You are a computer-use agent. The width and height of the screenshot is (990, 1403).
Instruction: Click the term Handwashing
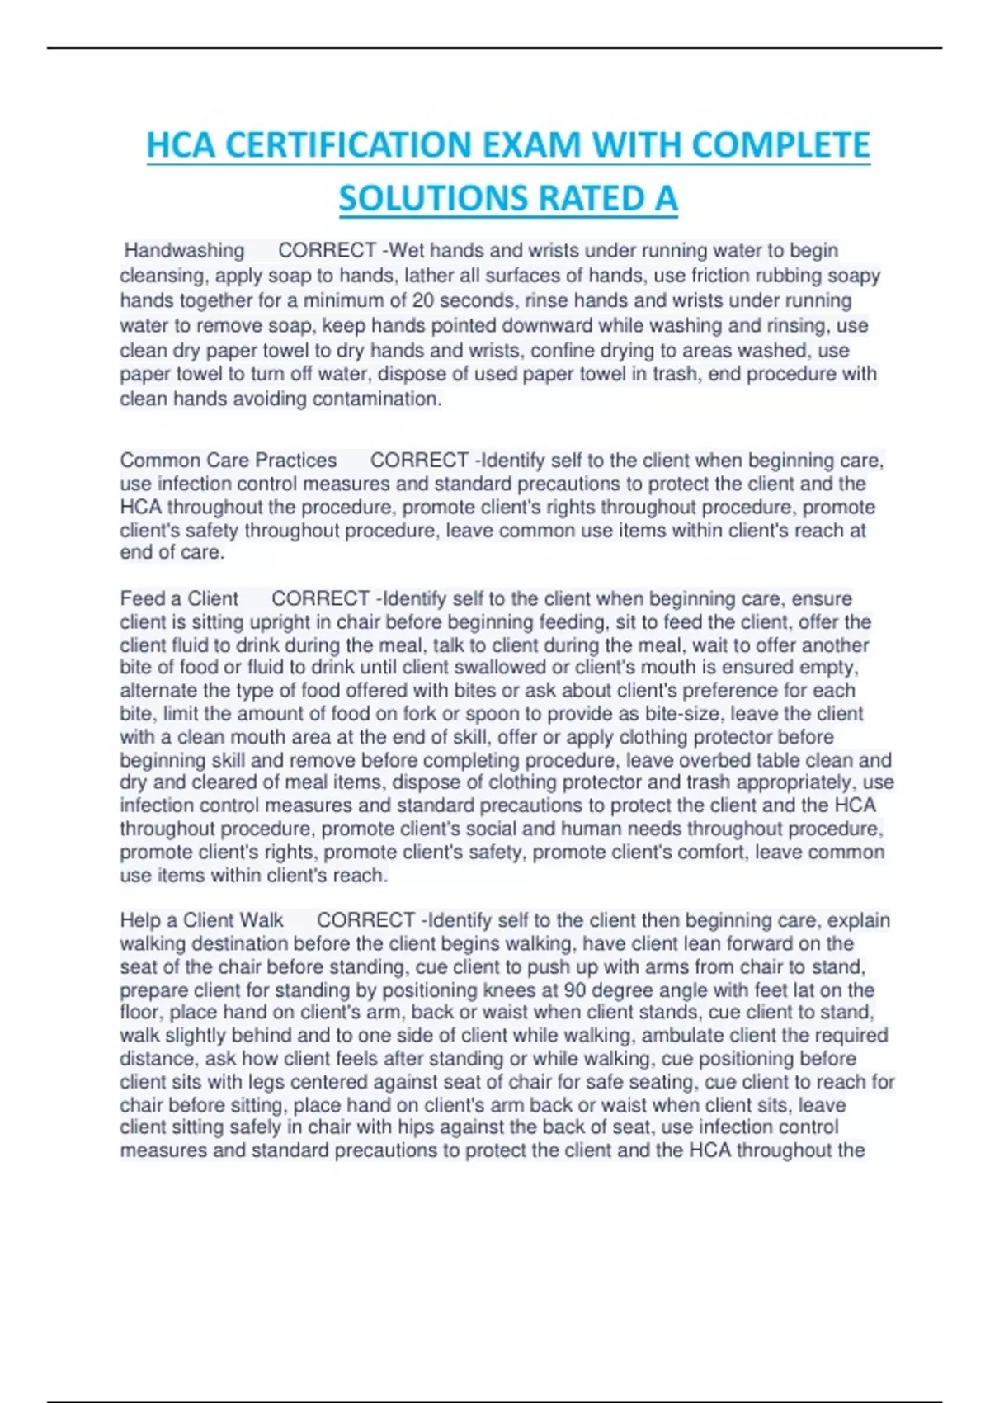click(184, 250)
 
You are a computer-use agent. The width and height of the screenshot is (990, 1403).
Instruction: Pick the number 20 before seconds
click(423, 300)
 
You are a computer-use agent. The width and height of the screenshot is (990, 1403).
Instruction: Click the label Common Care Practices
click(229, 461)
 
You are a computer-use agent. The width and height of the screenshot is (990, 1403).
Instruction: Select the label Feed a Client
click(179, 598)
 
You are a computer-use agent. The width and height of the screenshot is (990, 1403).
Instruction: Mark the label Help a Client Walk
click(201, 920)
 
